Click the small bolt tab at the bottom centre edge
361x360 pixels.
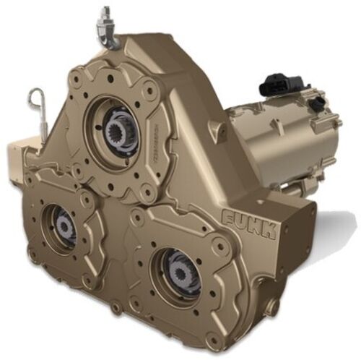point(116,309)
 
